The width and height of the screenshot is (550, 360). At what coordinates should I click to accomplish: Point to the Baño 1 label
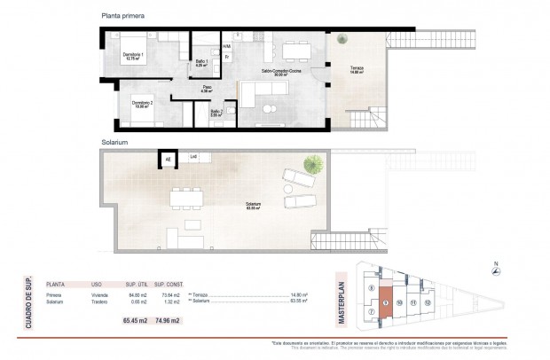pos(200,63)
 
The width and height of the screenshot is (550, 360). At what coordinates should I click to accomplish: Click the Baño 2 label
pos(216,113)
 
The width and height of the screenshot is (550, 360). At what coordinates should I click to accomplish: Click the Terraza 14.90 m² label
pos(357,71)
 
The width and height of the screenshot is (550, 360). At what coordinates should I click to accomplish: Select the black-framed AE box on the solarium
pos(167,159)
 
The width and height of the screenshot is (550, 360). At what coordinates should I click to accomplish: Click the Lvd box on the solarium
pos(192,158)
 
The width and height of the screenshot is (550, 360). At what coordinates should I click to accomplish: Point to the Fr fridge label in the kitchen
pos(227,57)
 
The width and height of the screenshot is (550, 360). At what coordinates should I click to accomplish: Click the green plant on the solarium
pos(311,163)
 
